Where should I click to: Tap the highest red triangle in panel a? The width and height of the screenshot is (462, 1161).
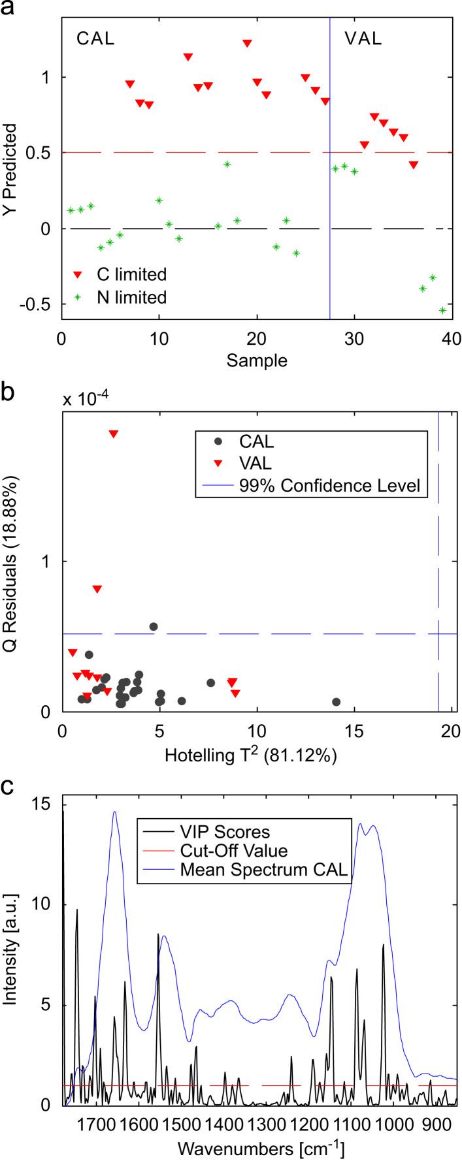(247, 43)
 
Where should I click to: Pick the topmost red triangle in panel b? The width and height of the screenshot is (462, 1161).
(113, 434)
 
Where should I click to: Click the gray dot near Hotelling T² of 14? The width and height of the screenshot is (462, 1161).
(336, 702)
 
